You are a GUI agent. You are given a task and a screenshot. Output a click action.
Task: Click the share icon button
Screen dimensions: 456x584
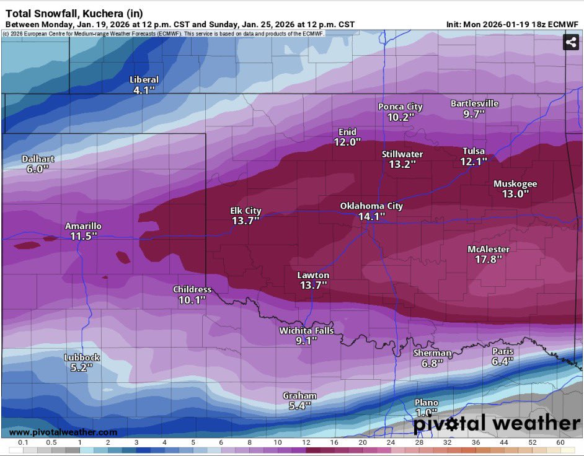tap(571, 42)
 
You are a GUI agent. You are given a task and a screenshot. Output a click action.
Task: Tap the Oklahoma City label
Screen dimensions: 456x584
tap(371, 206)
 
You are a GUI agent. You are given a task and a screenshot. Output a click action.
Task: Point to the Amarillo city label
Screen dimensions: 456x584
tap(83, 226)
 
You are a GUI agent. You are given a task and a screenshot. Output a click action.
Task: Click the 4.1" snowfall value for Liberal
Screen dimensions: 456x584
tap(144, 90)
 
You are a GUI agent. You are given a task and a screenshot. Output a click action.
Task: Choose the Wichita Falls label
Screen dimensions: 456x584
tap(306, 330)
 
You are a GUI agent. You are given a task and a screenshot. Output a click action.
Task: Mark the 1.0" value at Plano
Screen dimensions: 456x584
tap(426, 412)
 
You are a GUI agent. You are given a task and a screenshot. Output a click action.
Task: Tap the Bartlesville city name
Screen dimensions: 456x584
tap(474, 103)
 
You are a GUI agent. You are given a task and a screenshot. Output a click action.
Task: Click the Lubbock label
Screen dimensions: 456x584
tap(82, 357)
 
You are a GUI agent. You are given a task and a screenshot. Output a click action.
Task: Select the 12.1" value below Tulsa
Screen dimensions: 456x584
tap(474, 161)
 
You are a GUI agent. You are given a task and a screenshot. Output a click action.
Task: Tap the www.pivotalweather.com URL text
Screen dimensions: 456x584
tap(63, 432)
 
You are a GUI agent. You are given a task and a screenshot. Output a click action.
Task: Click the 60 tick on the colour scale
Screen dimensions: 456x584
tap(560, 442)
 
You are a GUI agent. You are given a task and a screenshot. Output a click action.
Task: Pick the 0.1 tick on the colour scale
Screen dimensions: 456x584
tap(22, 442)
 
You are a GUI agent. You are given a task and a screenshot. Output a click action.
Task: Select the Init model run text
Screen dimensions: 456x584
tap(512, 24)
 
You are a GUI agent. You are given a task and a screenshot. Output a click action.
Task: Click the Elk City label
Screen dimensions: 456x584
tap(246, 211)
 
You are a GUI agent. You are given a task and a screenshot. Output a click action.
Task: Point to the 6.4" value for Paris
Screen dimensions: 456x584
tap(503, 361)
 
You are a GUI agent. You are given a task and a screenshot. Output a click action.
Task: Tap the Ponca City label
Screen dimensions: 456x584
tap(400, 107)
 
